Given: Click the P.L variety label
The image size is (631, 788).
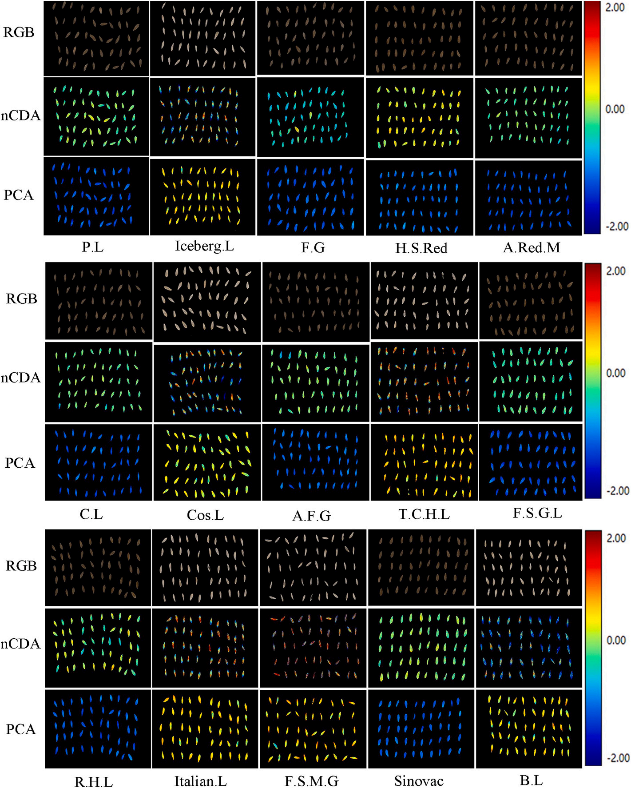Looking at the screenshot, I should (92, 247).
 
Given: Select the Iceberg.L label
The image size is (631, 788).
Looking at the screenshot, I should (204, 246).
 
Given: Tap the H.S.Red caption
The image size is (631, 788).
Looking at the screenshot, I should (421, 248).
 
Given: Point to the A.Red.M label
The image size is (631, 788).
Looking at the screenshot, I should (532, 247).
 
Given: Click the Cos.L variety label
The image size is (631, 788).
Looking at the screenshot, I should (205, 515).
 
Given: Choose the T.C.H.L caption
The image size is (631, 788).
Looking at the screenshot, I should (424, 514).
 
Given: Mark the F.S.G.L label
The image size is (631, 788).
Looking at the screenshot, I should (537, 513).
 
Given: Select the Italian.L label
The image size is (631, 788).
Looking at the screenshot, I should (201, 781).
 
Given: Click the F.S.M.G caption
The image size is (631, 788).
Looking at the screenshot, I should (311, 781).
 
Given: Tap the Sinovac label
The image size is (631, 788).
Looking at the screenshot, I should (419, 781).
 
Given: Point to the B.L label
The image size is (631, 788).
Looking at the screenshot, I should (531, 780).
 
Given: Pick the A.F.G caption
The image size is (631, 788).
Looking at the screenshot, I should (311, 516).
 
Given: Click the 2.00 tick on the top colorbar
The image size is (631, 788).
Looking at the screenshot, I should (615, 8).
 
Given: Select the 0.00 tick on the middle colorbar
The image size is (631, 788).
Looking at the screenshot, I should (616, 373).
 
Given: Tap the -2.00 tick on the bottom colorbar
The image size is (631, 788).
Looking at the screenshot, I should (617, 758).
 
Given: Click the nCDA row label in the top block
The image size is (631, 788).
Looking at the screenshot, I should (20, 116).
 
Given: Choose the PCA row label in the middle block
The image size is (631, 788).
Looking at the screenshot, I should (20, 463).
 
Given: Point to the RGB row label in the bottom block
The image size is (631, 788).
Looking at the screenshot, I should (21, 566).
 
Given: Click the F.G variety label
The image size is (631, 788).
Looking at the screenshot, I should (313, 247).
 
